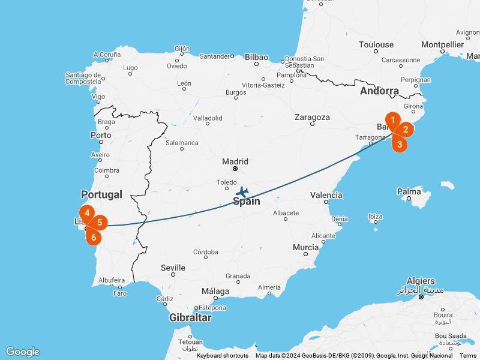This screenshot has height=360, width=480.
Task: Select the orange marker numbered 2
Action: click(x=406, y=129)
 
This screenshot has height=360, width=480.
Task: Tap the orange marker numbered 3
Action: click(x=400, y=144)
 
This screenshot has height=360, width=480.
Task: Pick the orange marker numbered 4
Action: click(x=87, y=213)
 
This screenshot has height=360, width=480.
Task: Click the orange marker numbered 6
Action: click(x=94, y=237)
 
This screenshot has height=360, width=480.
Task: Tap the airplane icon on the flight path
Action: click(x=242, y=191)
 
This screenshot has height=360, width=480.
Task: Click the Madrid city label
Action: click(x=235, y=161)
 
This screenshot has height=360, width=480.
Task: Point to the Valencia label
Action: click(x=326, y=195)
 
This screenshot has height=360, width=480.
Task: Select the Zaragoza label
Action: click(x=312, y=118)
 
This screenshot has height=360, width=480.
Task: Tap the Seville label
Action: click(x=173, y=268)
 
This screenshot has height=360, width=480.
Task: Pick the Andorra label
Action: click(x=379, y=91)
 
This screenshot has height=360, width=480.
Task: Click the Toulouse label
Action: click(x=376, y=44)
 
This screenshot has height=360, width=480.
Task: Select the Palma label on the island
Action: click(x=409, y=192)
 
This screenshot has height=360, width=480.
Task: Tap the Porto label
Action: click(x=101, y=135)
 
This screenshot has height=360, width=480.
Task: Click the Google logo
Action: click(x=23, y=352)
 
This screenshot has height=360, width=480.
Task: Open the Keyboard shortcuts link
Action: click(x=223, y=356)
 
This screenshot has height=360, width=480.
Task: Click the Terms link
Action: click(x=468, y=356)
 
